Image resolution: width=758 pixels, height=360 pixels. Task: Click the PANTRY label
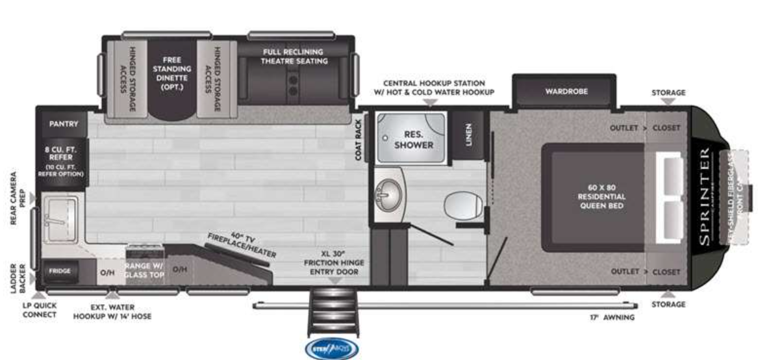click(63, 123)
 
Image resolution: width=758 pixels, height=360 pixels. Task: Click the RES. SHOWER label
click(413, 140)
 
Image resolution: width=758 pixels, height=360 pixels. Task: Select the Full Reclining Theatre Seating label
click(292, 56)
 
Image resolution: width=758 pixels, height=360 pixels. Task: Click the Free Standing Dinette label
click(172, 73)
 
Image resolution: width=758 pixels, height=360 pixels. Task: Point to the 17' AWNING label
click(608, 318)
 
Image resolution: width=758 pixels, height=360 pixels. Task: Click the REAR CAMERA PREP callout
click(18, 199)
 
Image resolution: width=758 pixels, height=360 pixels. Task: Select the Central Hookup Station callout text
click(434, 88)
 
